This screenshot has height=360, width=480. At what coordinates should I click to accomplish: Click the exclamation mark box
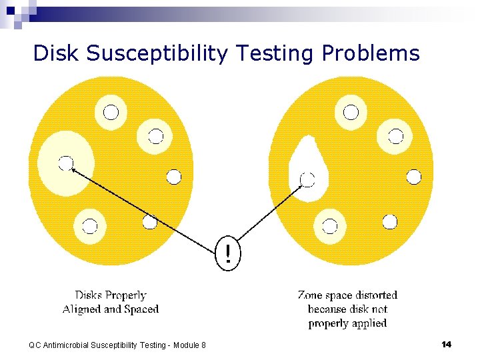pos(229,253)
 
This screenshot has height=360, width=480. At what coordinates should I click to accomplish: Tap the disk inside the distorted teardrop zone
pos(307,179)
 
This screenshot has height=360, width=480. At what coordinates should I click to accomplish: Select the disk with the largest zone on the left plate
pos(65,163)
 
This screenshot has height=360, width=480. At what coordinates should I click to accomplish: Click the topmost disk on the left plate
pos(111,112)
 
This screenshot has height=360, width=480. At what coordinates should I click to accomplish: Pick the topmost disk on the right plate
pos(351,111)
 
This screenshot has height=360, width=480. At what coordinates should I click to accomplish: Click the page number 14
pos(447,344)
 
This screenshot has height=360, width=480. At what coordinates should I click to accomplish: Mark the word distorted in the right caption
pos(375,295)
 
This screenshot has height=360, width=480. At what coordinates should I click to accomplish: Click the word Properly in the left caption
pos(127,295)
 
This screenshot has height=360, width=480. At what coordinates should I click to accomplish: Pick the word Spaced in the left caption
pos(141,309)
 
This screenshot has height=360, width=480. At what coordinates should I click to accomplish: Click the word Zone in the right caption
pos(311,295)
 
